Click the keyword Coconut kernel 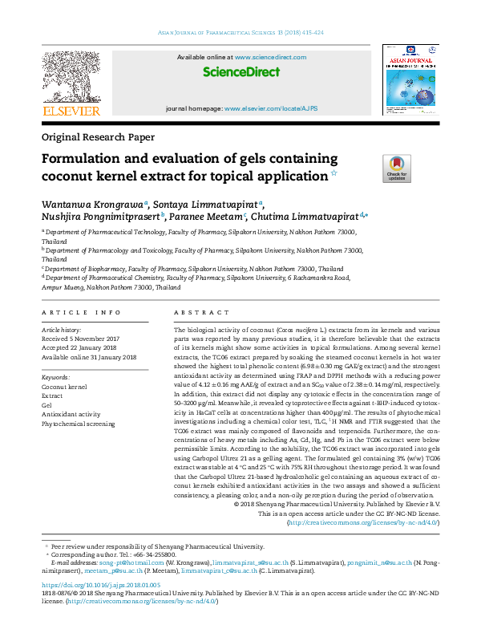coord(64,387)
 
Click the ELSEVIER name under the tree coord(71,111)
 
